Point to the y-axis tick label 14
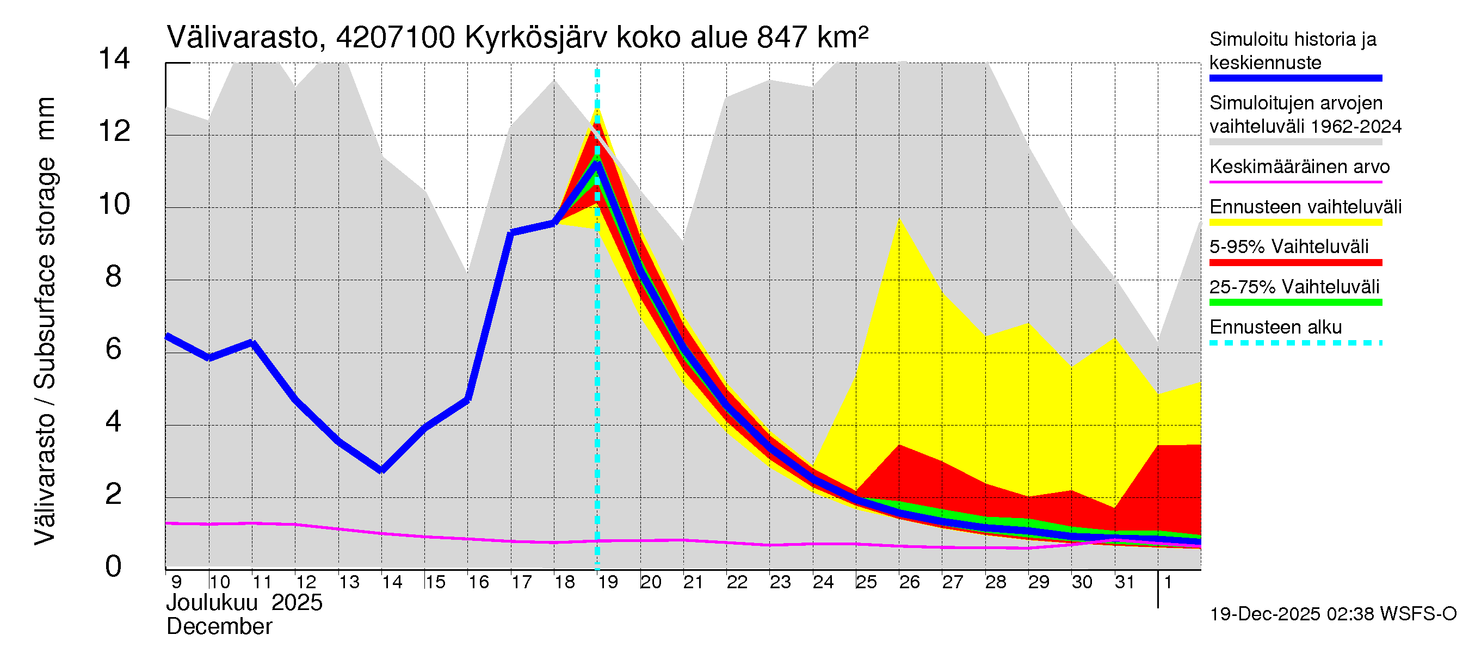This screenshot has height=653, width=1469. (114, 59)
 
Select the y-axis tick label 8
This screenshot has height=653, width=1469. (114, 276)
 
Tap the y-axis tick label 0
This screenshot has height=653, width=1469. (114, 566)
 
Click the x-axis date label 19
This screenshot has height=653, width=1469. (608, 582)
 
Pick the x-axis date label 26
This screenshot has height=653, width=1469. (909, 582)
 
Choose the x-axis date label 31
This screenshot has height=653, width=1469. (1125, 582)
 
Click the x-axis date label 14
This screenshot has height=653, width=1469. (392, 582)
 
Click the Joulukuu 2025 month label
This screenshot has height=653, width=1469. (244, 603)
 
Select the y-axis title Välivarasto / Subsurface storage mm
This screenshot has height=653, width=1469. (45, 321)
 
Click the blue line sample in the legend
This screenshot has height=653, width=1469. (1295, 78)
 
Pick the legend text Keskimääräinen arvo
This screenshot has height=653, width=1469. (1300, 167)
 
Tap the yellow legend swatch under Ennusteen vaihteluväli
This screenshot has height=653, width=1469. (1295, 223)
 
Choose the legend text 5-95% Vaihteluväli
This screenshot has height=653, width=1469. (1289, 247)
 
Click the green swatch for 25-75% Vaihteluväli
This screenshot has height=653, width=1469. (1295, 302)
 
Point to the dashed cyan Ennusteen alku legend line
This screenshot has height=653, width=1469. (1295, 343)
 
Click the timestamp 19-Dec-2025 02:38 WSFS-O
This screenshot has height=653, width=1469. (1332, 614)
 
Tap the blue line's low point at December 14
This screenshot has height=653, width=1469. (381, 470)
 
